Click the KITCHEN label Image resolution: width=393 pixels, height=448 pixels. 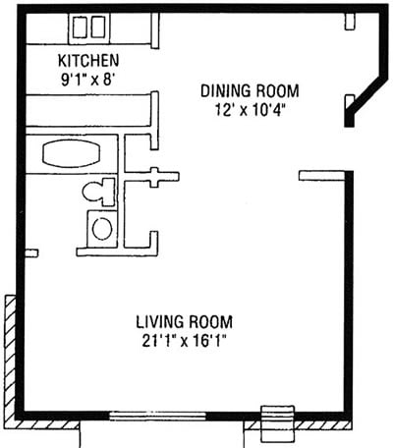[x=88, y=59]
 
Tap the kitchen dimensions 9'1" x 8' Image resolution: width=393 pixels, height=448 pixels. [x=88, y=77]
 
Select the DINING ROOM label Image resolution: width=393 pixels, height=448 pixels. [x=250, y=90]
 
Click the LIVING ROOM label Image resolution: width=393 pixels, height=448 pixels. [x=186, y=322]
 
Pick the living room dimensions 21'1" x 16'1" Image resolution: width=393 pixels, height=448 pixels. [x=186, y=340]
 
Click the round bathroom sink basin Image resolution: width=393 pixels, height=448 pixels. [x=100, y=229]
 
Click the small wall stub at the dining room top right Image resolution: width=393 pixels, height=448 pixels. [x=350, y=20]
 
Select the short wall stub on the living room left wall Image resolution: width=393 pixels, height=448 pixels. [x=30, y=253]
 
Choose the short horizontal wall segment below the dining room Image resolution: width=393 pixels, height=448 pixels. [x=318, y=175]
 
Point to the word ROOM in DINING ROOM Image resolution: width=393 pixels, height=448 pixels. [x=278, y=90]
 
